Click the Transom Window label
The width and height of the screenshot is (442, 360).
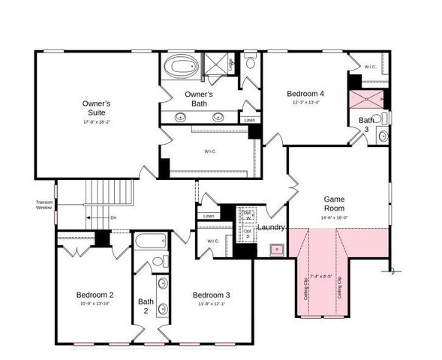pos(44,204)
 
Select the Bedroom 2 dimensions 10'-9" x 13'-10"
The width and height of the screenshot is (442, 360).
pos(95,303)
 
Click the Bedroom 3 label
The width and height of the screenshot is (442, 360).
pos(211,294)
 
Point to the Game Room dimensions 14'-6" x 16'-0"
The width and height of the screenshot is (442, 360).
pos(334,217)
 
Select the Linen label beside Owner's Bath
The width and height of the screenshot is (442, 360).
pos(249,120)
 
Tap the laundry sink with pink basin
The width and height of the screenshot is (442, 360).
pos(277,248)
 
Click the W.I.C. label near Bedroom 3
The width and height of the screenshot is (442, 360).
pos(212,241)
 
